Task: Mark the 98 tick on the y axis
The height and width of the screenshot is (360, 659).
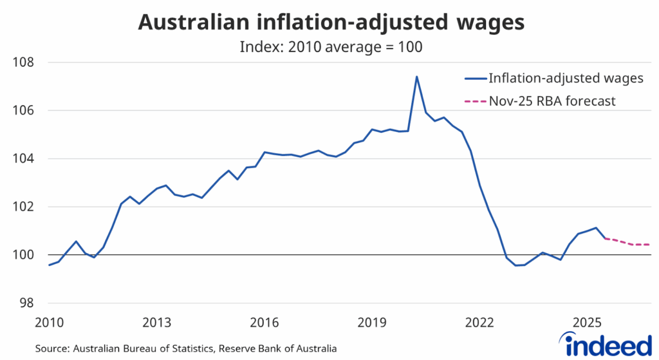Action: click(x=25, y=303)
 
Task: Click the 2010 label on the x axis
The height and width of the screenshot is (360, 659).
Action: click(x=49, y=321)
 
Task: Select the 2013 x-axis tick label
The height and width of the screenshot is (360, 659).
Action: click(x=157, y=321)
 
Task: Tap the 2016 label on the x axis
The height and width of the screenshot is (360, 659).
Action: click(x=265, y=321)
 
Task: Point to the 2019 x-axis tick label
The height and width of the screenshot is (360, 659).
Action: click(x=372, y=321)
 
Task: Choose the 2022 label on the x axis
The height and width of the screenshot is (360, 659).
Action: click(x=479, y=321)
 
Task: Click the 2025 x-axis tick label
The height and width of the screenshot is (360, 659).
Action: click(x=587, y=321)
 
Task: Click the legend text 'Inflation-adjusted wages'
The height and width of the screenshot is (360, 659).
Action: click(x=566, y=79)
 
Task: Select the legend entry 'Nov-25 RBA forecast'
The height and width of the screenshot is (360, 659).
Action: click(x=552, y=101)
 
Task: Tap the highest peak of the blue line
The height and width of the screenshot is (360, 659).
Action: click(x=416, y=77)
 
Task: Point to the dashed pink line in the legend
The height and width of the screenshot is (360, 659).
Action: click(x=475, y=101)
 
